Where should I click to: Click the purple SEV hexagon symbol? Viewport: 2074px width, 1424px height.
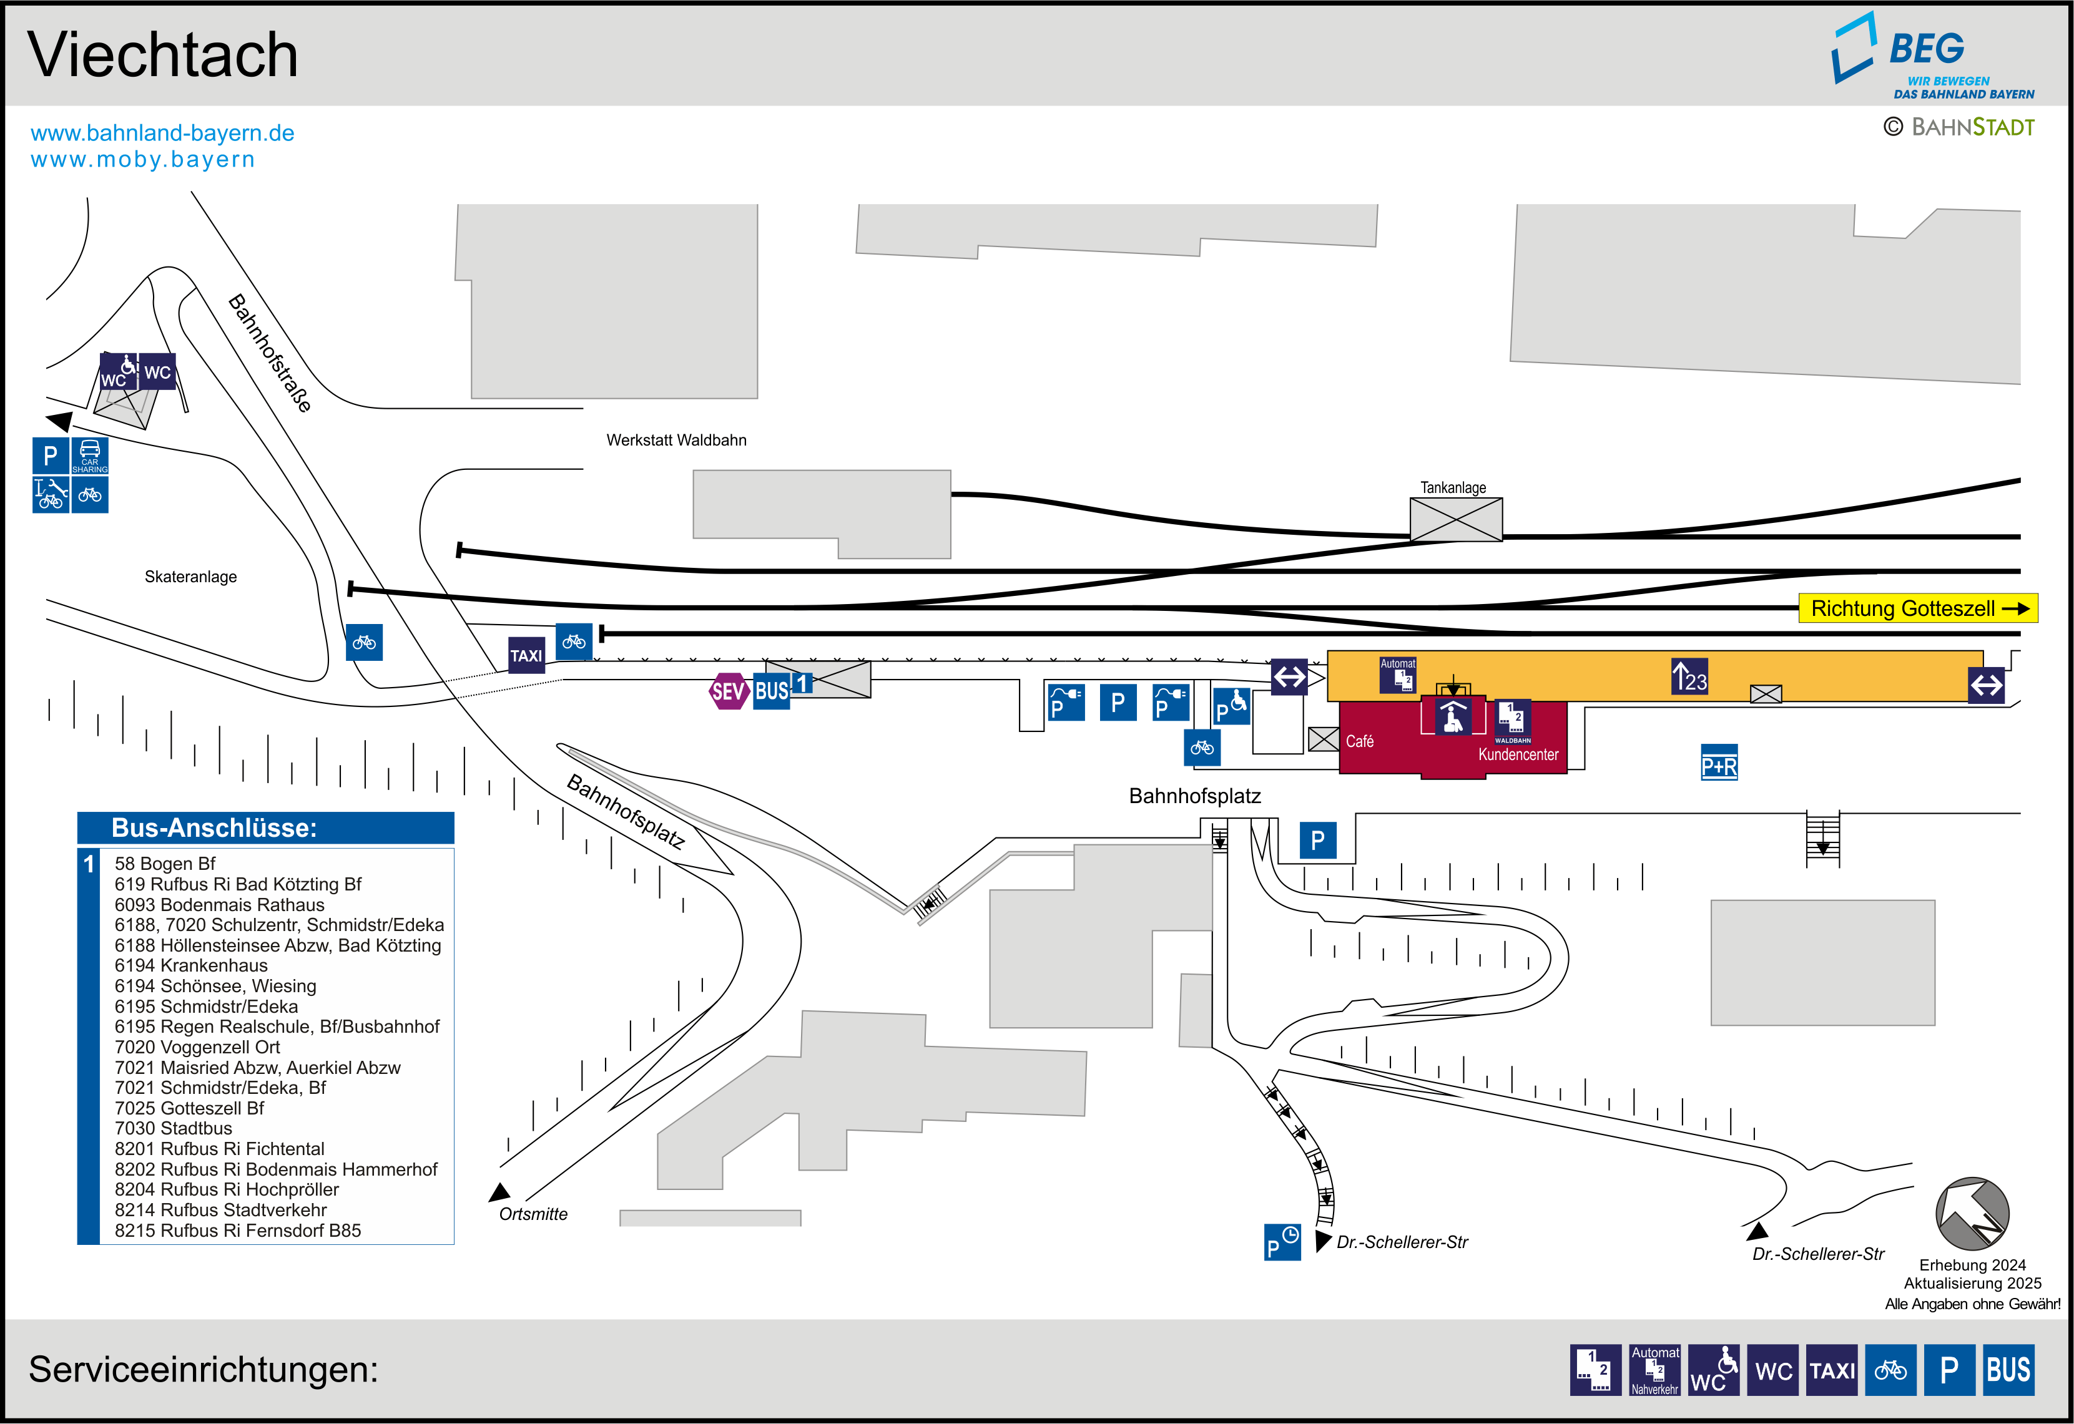(x=727, y=691)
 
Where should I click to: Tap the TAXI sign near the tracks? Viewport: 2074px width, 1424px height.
(x=526, y=656)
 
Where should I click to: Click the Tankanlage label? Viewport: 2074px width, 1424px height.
(x=1453, y=488)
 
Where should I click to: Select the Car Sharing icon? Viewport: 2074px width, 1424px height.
(x=90, y=455)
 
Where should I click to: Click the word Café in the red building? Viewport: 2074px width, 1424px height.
(x=1359, y=741)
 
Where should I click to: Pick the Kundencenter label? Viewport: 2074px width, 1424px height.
(x=1518, y=755)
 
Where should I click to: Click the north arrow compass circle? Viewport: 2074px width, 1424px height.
(x=1972, y=1214)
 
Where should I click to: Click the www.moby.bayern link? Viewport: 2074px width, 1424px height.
(x=143, y=160)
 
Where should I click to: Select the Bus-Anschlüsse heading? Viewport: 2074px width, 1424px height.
(x=214, y=828)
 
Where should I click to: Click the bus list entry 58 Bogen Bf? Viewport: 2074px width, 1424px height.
(x=165, y=864)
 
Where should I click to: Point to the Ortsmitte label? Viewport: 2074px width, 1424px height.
(x=533, y=1214)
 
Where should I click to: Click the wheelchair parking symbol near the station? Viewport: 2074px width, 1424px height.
(x=1232, y=706)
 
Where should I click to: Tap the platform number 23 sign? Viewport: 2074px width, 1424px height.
(x=1689, y=677)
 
